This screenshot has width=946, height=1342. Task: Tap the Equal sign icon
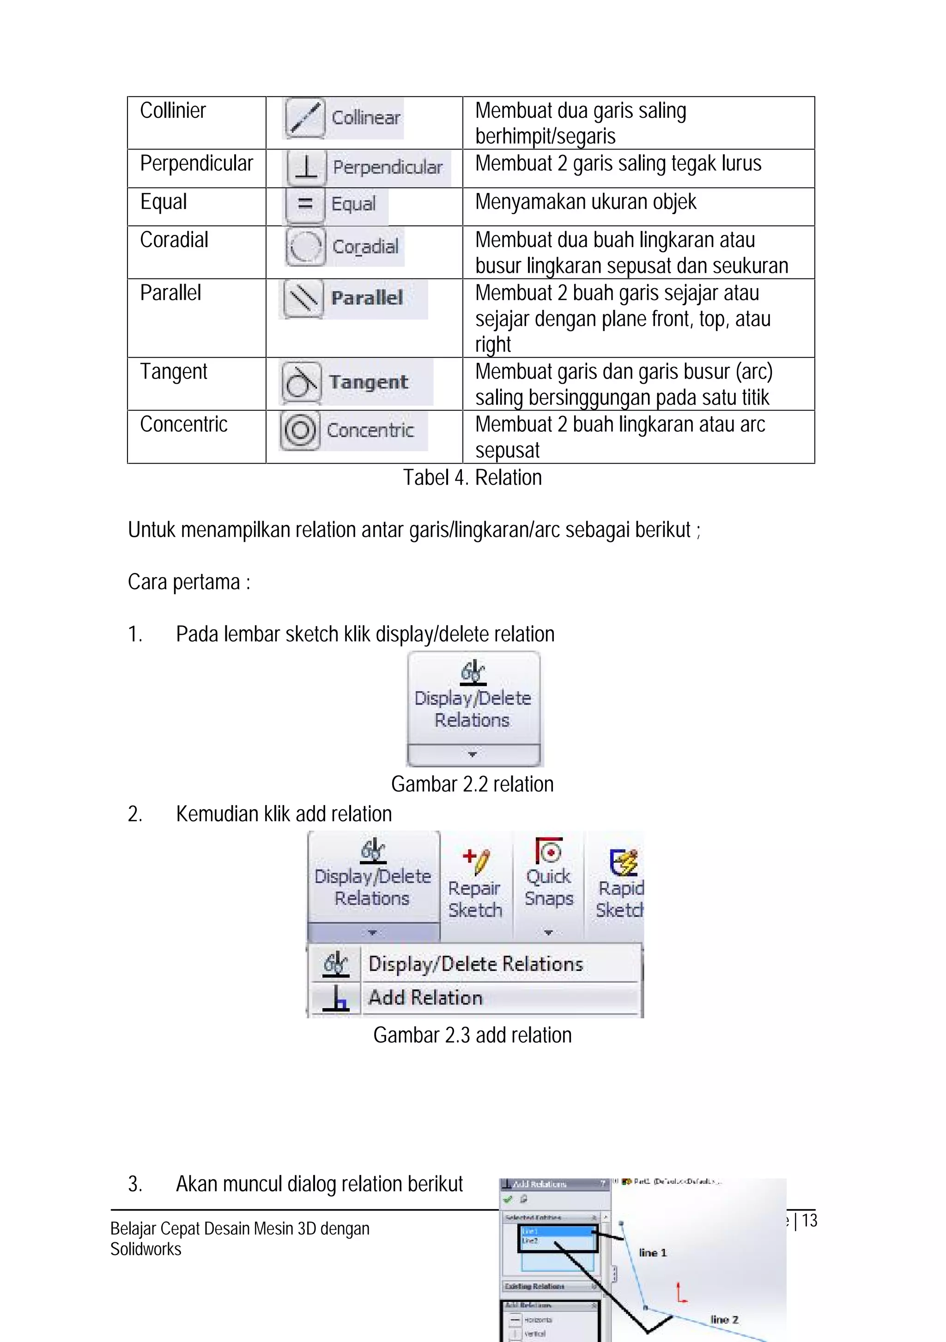304,204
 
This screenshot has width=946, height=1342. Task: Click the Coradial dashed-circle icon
305,246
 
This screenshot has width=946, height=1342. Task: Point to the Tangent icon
301,382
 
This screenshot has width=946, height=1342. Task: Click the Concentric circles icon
300,430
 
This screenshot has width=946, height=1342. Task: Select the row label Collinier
173,110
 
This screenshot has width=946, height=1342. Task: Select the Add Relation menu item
425,998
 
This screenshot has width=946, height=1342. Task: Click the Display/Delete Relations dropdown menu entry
475,964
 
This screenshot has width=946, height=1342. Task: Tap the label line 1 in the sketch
653,1252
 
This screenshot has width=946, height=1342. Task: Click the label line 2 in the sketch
724,1319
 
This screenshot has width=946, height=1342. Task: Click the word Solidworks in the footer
146,1249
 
